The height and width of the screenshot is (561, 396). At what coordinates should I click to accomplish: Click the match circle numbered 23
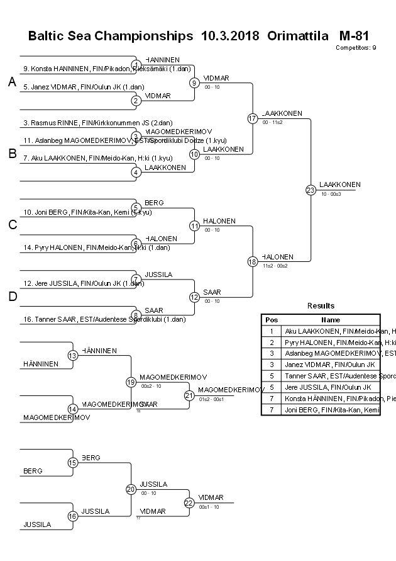click(x=311, y=190)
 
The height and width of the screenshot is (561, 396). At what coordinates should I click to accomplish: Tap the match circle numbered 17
click(x=253, y=118)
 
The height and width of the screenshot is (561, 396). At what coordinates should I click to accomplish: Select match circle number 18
click(x=253, y=261)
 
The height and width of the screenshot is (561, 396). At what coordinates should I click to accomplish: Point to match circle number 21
click(x=189, y=395)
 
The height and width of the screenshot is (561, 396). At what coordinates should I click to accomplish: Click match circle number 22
click(x=189, y=502)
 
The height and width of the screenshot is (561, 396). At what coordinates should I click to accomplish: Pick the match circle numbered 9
click(x=195, y=82)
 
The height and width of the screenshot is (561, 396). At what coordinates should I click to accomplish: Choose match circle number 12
click(x=195, y=297)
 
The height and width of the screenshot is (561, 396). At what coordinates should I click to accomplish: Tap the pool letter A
click(x=12, y=82)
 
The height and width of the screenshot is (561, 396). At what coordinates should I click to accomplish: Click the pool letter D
click(x=12, y=297)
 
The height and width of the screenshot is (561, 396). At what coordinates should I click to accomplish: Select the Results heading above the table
click(x=321, y=306)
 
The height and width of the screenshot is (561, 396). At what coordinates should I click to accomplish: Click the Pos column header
click(x=272, y=320)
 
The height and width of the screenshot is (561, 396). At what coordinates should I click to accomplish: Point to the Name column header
click(x=331, y=320)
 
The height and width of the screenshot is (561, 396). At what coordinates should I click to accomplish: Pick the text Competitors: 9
click(x=356, y=48)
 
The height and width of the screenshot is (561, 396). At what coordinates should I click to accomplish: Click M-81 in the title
click(x=353, y=36)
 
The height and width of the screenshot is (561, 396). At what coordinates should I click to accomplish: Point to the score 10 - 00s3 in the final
click(x=331, y=195)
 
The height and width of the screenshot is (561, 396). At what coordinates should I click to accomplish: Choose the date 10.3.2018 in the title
click(x=230, y=36)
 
